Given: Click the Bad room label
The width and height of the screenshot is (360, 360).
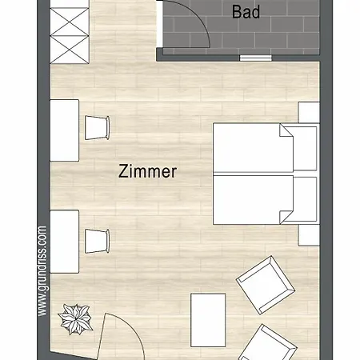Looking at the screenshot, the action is tap(246, 12).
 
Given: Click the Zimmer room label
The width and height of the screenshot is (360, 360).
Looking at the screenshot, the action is tap(147, 171).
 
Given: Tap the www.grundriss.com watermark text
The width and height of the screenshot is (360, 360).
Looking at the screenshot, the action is tap(42, 271).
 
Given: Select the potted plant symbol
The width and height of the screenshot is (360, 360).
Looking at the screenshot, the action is tap(75, 319).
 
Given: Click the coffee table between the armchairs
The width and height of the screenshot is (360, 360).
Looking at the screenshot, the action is tap(208, 320).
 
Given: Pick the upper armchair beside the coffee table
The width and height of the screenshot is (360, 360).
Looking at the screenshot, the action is tap(266, 285).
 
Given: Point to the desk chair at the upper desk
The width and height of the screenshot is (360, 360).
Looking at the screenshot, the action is tap(97, 128).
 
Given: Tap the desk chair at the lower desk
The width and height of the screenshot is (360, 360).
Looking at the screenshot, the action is tap(97, 241).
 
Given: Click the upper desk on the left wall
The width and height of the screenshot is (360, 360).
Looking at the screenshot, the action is tap(65, 130).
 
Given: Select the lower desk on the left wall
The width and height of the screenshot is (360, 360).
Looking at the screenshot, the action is tap(65, 242).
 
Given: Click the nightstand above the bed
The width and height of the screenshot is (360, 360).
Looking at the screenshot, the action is tap(309, 113).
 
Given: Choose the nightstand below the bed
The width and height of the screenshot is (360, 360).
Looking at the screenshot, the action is tap(309, 235).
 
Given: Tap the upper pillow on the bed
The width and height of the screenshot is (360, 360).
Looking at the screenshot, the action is tap(305, 149).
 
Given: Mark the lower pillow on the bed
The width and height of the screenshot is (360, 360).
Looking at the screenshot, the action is tap(305, 199).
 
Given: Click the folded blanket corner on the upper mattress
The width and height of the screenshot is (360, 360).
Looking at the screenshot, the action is tap(286, 131).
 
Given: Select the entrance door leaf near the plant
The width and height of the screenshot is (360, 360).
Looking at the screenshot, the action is tap(102, 337).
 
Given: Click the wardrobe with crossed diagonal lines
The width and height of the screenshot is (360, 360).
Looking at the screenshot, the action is tap(70, 32).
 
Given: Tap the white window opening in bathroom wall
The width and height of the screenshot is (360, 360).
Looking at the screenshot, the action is tap(255, 58).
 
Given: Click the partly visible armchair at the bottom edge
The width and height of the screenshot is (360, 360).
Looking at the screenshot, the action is tap(266, 342).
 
